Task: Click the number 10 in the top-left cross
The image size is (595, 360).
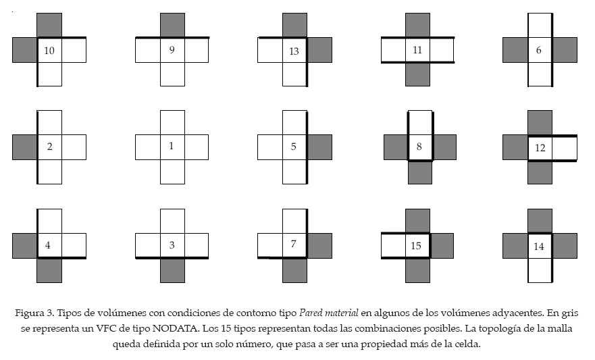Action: point(49,51)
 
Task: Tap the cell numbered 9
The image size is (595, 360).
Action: point(172,50)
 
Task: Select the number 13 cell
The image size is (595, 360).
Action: point(294,51)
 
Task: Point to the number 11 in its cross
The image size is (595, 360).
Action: point(417,50)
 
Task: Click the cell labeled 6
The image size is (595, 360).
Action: point(539,50)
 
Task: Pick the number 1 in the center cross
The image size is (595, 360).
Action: point(172,146)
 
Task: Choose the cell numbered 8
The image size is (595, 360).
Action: point(419,147)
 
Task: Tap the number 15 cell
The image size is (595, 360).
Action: point(417,246)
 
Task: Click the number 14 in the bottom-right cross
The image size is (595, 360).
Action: point(539,247)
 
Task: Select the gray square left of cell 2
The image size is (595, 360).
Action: point(24,147)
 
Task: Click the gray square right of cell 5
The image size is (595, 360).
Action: point(319,147)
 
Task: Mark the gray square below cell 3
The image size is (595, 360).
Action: point(172,271)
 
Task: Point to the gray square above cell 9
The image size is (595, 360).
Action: point(172,25)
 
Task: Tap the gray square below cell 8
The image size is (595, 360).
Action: point(420,172)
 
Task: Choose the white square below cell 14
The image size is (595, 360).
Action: point(540,271)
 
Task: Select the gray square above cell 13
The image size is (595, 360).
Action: point(294,25)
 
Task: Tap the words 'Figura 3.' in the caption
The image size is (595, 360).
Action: point(34,313)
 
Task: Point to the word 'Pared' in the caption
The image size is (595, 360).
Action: point(313,313)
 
